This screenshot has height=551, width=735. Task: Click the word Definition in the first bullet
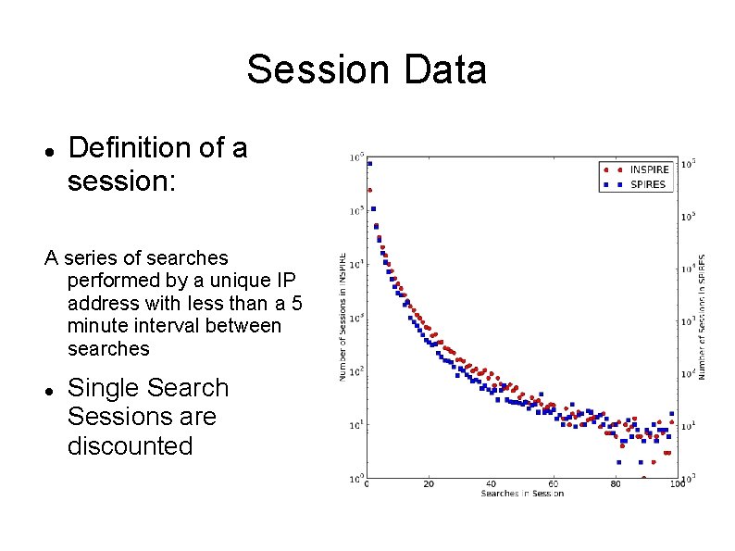tap(125, 148)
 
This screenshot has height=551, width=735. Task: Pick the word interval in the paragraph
tap(169, 326)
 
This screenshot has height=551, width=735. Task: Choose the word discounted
tap(130, 445)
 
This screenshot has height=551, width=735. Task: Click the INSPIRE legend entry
tap(649, 170)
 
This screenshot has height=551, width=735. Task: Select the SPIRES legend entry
tap(647, 184)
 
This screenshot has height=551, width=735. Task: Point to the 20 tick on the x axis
tap(429, 484)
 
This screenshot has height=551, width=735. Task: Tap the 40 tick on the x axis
tap(491, 484)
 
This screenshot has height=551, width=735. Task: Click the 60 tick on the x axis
tap(553, 484)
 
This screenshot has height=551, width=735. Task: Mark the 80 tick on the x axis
tap(615, 484)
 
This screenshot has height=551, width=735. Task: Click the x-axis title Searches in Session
tap(521, 494)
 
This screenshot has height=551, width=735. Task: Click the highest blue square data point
tap(369, 164)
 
